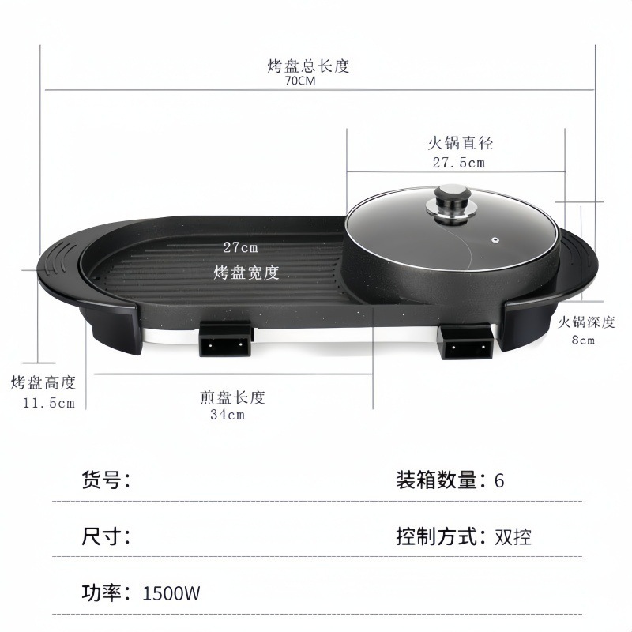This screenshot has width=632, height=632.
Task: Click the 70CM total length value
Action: (x=300, y=81)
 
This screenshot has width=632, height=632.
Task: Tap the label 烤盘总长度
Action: (x=308, y=66)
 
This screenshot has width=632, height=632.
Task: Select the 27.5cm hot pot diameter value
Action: (x=458, y=163)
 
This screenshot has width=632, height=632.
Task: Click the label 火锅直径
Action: (x=460, y=144)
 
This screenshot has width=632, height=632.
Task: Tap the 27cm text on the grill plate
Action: (x=240, y=246)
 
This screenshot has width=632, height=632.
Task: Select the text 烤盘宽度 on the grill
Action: (x=246, y=273)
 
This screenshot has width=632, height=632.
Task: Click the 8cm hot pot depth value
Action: (x=583, y=340)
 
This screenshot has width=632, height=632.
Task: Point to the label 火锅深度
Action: (x=586, y=322)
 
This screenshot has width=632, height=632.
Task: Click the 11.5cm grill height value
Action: (x=48, y=403)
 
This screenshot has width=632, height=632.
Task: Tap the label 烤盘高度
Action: (x=43, y=383)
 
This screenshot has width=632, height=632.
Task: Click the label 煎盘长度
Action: (x=232, y=397)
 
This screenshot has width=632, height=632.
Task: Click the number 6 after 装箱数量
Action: (x=498, y=480)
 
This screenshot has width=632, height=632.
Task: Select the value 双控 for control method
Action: (x=513, y=537)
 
